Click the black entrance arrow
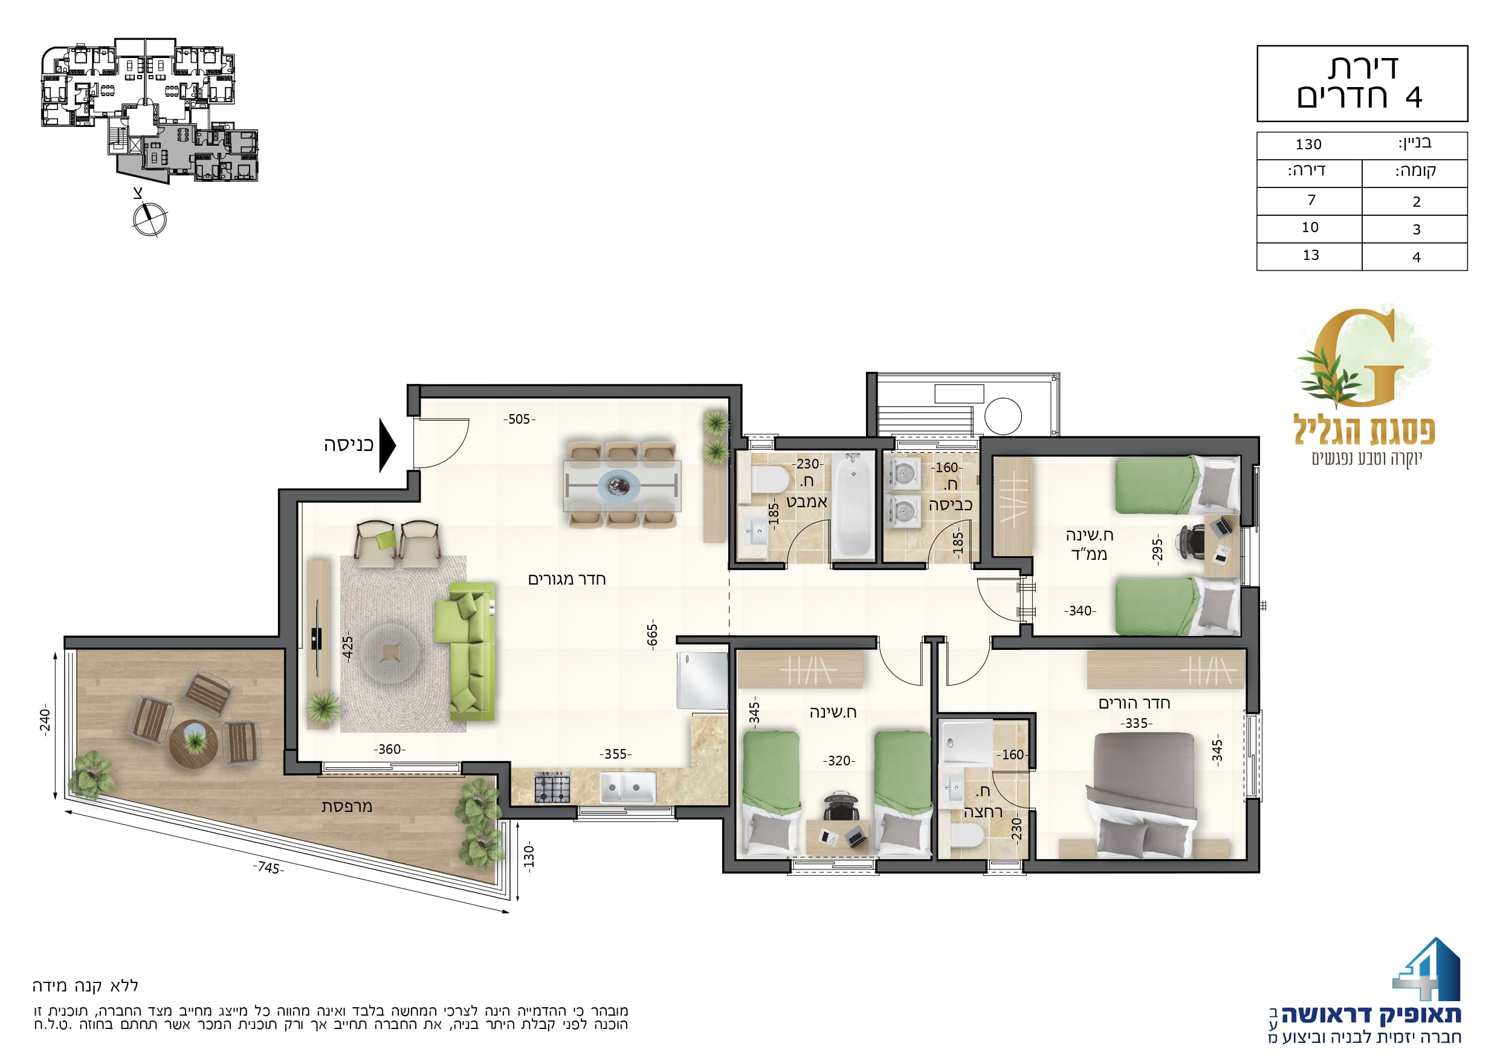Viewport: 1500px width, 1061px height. click(x=387, y=445)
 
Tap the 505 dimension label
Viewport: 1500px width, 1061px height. click(x=519, y=419)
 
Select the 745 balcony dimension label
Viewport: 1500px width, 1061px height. click(x=268, y=868)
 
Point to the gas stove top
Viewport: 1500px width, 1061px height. click(x=552, y=787)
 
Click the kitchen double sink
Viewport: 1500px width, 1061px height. click(x=628, y=788)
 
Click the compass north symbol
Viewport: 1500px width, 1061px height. click(x=150, y=219)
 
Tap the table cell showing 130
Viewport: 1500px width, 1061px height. click(x=1308, y=144)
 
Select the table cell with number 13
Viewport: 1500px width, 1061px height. click(x=1311, y=256)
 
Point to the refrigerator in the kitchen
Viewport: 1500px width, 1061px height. click(x=702, y=680)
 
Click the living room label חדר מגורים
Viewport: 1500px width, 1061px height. click(x=566, y=579)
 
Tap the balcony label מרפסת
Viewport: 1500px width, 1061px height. click(x=346, y=806)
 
